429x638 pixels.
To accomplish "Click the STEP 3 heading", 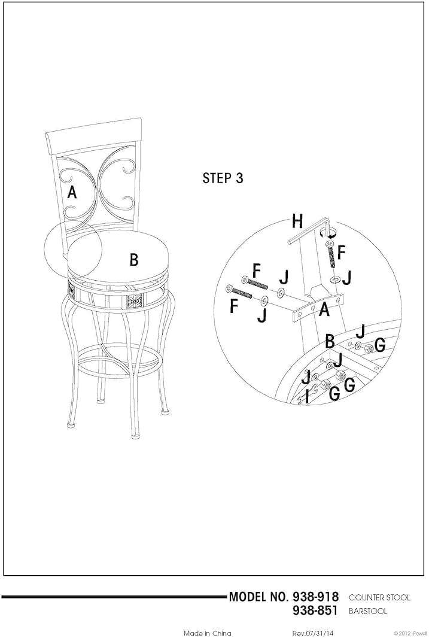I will (223, 178).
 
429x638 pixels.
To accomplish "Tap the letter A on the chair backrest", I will (72, 193).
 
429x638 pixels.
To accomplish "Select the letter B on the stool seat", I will (134, 260).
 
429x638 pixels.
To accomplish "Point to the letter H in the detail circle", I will (297, 221).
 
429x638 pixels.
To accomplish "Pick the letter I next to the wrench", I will (307, 396).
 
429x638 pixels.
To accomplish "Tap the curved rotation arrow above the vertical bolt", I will (330, 232).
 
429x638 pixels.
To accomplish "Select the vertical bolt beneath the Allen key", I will (330, 254).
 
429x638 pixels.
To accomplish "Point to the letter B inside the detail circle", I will (328, 342).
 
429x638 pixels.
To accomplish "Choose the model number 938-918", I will (316, 597).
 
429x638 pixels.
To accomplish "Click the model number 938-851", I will (316, 611).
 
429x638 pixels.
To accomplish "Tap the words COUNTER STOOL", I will (379, 598).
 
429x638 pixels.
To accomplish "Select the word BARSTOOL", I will (368, 612).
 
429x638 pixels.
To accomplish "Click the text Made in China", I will (207, 633).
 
